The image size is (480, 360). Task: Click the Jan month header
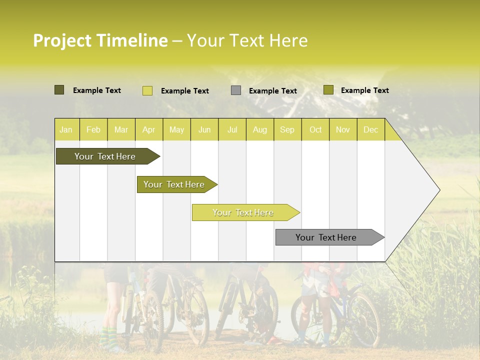[x=66, y=129]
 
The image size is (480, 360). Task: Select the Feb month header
[x=93, y=129]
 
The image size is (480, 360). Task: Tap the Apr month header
[x=148, y=129]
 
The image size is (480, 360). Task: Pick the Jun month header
[x=204, y=129]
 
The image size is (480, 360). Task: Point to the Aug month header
[x=259, y=129]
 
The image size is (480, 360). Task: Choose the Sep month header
[x=287, y=129]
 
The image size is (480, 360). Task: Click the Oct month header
[x=315, y=129]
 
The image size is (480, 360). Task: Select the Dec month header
[x=370, y=129]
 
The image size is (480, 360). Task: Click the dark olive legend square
[x=59, y=90]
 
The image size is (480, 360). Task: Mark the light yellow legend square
[x=147, y=90]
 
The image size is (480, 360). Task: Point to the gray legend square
[x=236, y=90]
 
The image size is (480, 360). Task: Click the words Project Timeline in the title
[x=100, y=40]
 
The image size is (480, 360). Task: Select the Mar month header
[x=121, y=129]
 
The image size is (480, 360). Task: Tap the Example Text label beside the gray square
[x=272, y=91]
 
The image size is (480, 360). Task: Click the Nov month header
[x=343, y=129]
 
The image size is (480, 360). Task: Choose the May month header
[x=176, y=129]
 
